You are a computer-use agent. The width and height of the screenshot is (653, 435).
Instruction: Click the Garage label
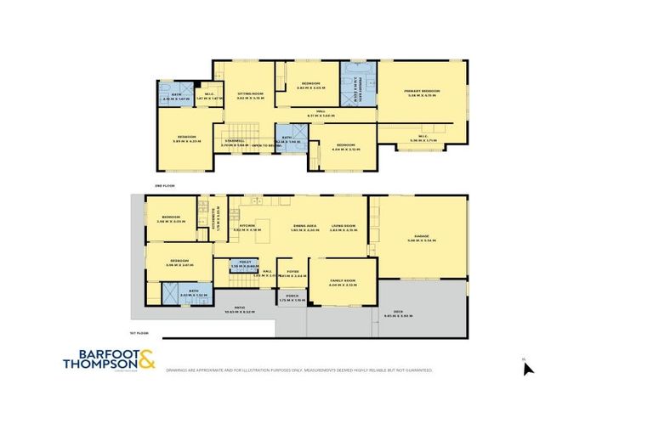point(422,239)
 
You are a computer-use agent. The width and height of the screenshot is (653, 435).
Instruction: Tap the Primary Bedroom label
point(422,93)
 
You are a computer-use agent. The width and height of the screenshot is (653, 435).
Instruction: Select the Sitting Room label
point(244,96)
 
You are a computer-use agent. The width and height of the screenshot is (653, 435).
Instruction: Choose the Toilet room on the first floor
point(245,265)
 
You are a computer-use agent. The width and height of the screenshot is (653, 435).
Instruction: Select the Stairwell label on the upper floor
point(234,143)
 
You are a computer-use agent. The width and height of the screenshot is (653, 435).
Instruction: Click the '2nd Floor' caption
point(164,184)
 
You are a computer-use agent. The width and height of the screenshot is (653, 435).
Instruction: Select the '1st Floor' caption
point(140,332)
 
